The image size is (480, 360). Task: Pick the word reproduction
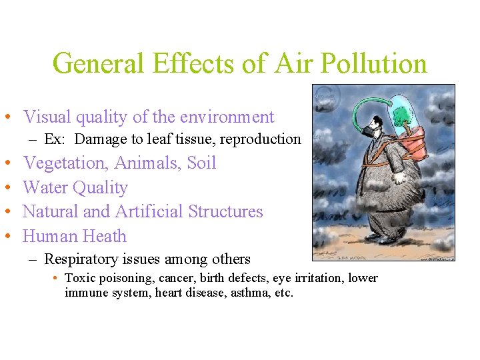coord(264,139)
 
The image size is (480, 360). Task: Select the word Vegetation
coord(65,163)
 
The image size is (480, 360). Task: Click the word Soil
coord(201,163)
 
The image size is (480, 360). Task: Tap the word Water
coord(45,188)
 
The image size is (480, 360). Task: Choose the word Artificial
coord(149,212)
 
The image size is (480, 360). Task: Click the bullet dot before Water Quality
coord(9,188)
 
